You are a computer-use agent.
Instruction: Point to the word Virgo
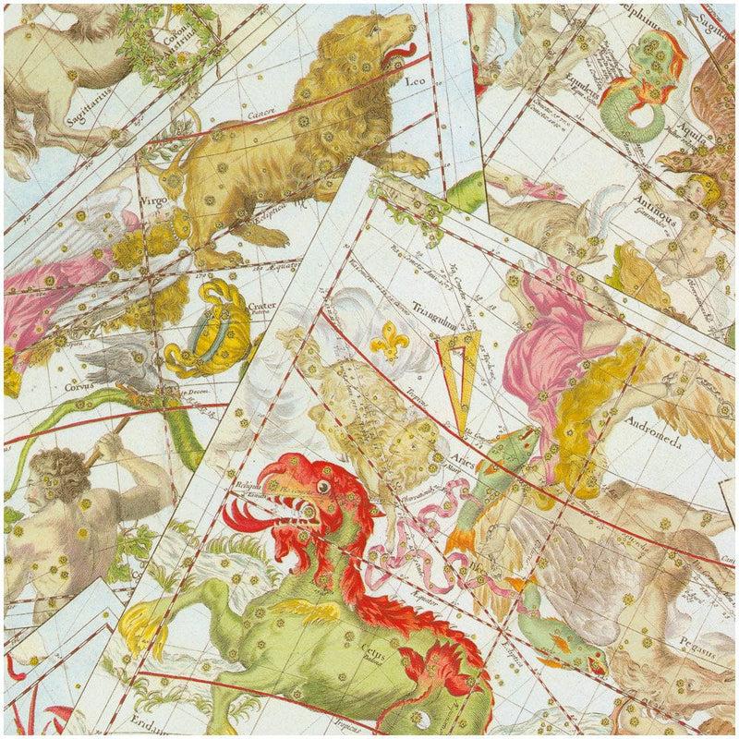tap(153, 197)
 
